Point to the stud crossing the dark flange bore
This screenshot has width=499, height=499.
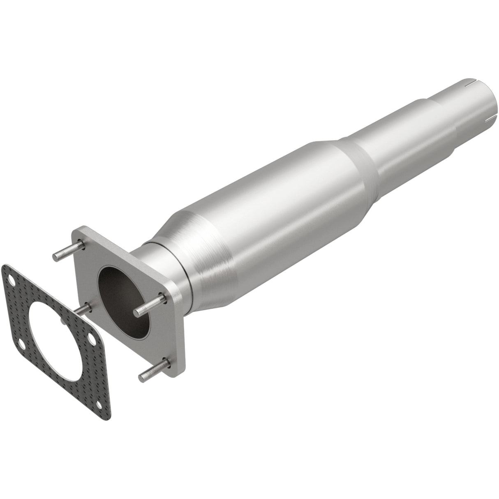point(150,303)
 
